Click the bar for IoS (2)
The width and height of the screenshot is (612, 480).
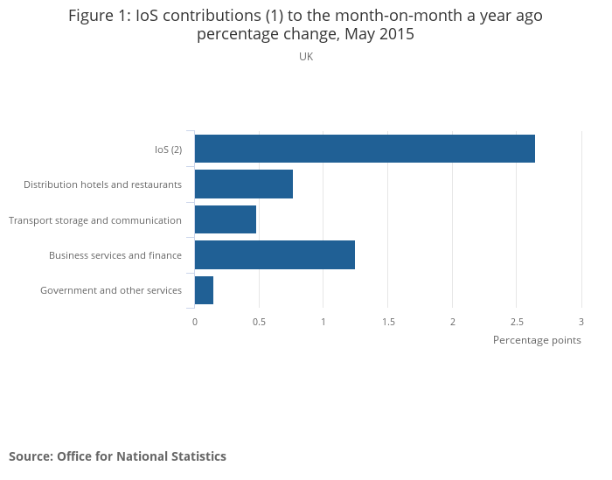pos(365,149)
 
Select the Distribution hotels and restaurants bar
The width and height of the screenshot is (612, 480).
pos(244,184)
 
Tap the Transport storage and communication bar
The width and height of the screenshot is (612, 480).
pos(226,219)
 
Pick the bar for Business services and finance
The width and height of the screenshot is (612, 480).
pos(275,254)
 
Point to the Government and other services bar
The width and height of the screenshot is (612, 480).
pos(204,290)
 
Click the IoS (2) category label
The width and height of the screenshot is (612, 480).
pos(168,150)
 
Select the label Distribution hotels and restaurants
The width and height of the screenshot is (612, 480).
pos(102,184)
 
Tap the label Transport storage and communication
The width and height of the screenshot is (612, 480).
pos(95,220)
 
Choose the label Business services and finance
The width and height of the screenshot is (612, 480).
pos(115,255)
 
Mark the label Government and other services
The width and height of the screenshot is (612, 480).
pos(111,290)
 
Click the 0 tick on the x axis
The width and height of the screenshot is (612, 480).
pos(195,322)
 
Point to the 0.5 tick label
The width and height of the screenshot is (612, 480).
pos(259,322)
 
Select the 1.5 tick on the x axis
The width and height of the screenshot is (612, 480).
pos(388,322)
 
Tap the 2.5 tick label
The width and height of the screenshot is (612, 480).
pos(517,322)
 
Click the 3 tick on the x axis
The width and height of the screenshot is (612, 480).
pos(581,322)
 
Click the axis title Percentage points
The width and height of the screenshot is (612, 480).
pos(537,340)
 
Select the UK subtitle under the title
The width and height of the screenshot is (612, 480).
pos(306,57)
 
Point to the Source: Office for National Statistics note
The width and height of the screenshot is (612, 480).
pos(117,456)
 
